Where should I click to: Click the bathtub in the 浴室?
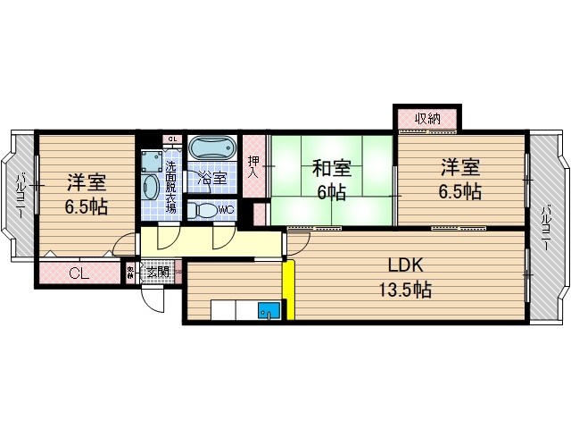tap(211, 147)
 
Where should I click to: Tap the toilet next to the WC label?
tap(204, 211)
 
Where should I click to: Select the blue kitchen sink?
tap(267, 311)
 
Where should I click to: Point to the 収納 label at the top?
tap(427, 118)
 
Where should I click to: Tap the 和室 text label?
tap(331, 167)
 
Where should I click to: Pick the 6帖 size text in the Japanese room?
tap(331, 189)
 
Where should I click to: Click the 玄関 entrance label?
tap(157, 272)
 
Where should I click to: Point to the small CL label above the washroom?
tap(172, 139)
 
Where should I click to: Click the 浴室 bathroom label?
tap(211, 177)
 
